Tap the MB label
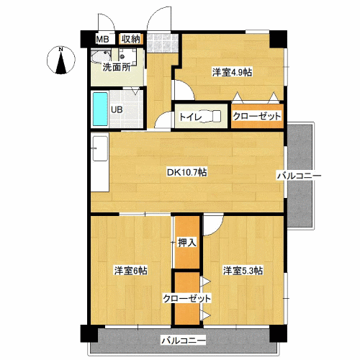pos(102,39)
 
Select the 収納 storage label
pos(130,39)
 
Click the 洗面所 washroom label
pos(116,68)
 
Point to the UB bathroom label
pos(116,110)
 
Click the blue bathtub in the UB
pos(99,110)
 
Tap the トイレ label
pos(190,116)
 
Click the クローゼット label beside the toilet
pos(257,116)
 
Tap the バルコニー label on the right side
pos(298,175)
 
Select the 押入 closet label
pos(187,243)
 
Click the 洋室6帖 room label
pos(130,271)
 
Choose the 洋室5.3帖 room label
pos(243,271)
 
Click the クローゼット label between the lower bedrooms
pos(187,298)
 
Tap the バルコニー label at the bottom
pos(183,340)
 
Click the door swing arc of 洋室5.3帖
pos(212,225)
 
